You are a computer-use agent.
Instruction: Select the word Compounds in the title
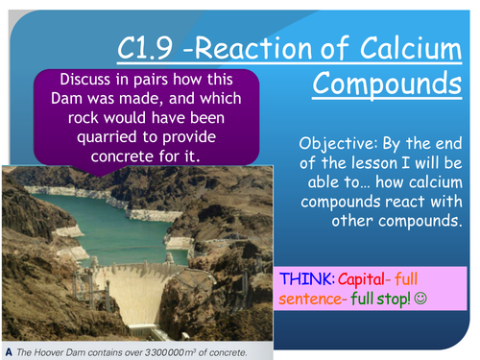click(x=386, y=82)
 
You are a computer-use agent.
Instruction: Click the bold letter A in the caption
click(x=7, y=352)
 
